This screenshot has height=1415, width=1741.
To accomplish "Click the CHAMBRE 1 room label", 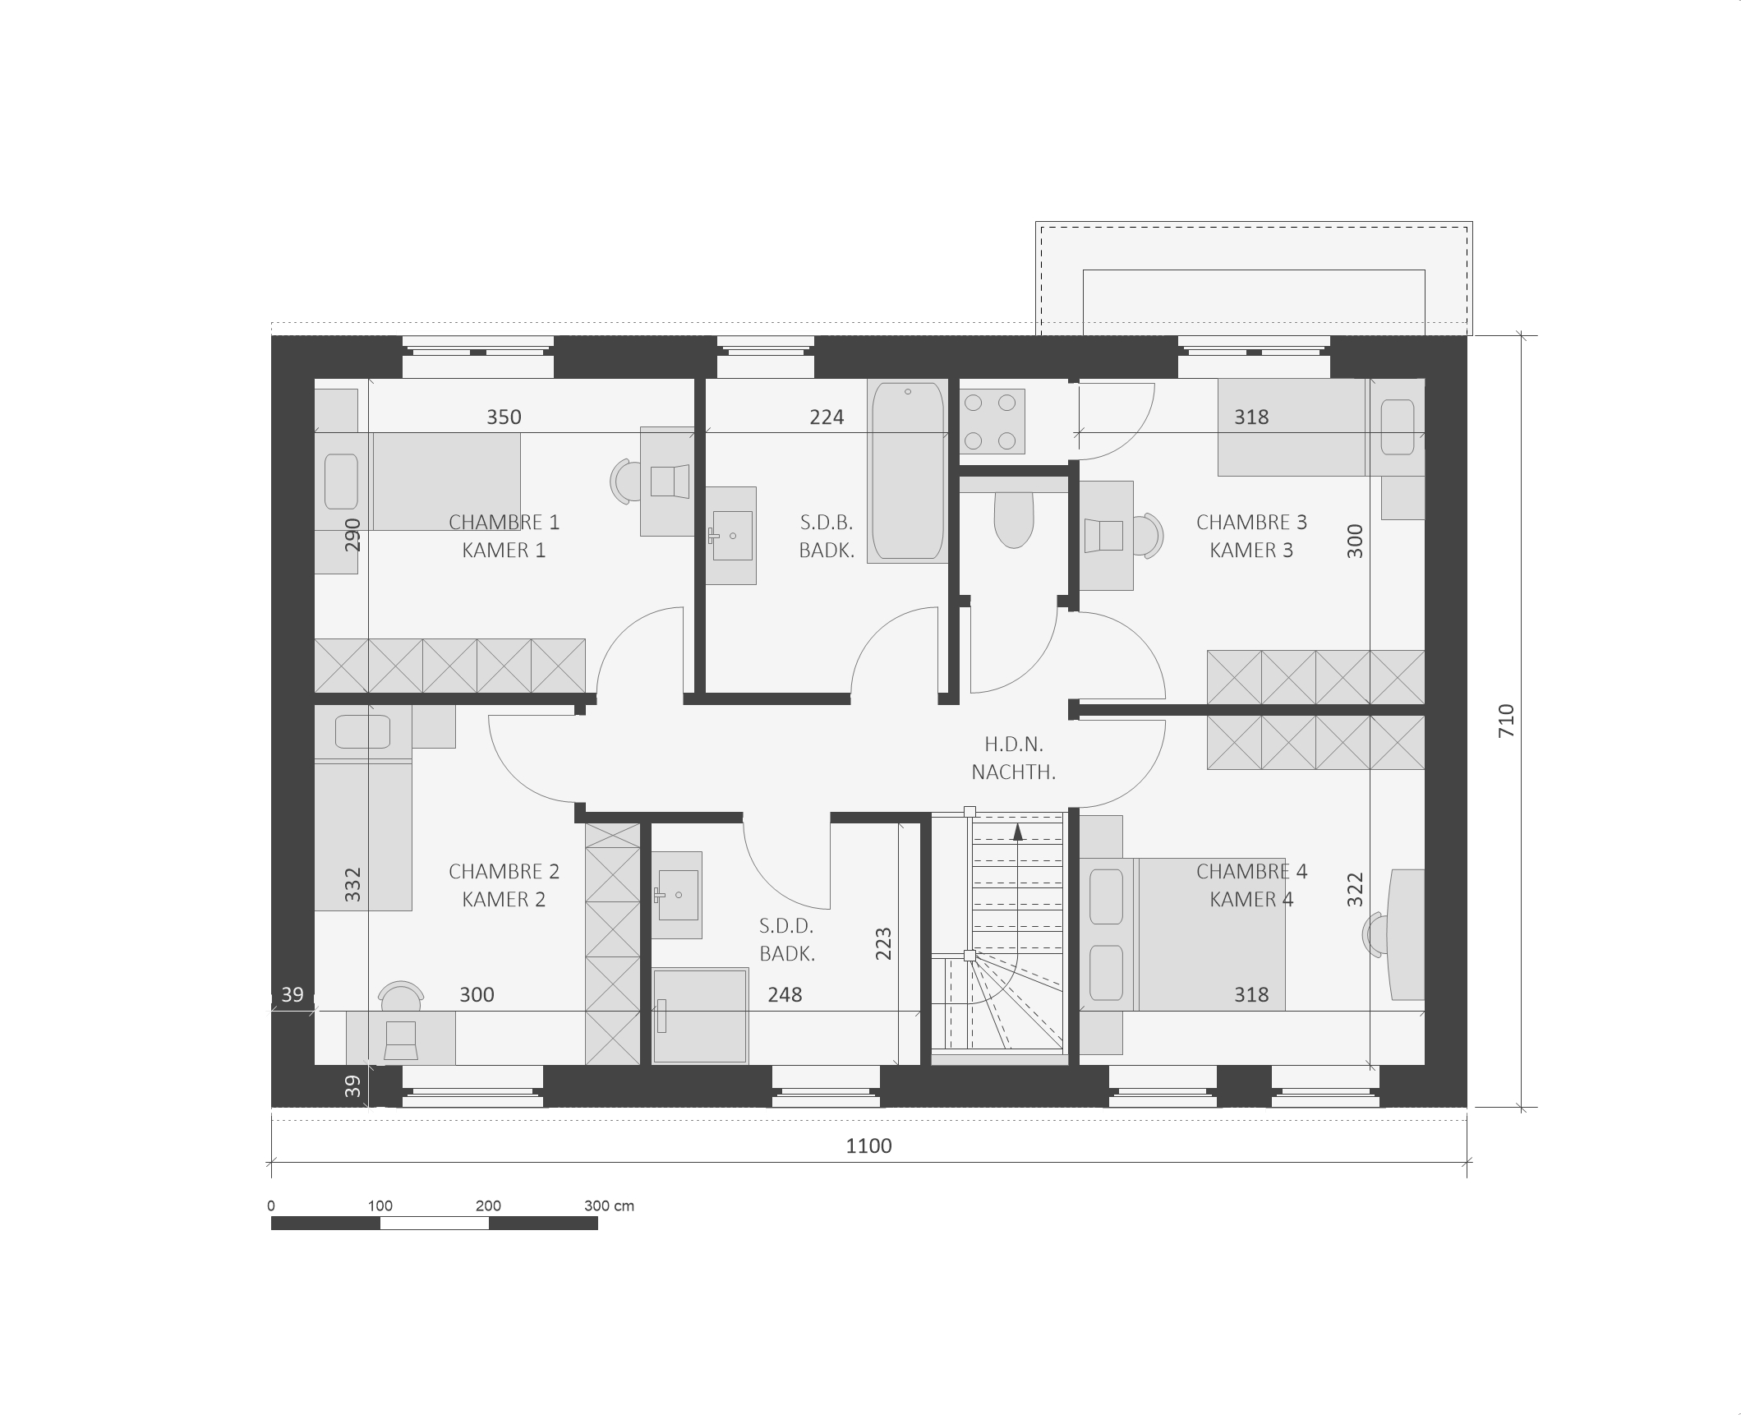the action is click(x=504, y=523).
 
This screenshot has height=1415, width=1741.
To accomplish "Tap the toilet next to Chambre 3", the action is click(x=1014, y=519).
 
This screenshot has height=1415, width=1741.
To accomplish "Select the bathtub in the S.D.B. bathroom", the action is click(x=907, y=471).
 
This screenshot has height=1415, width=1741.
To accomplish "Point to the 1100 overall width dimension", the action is click(x=868, y=1145).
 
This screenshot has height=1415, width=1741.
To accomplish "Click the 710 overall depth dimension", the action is click(x=1506, y=721).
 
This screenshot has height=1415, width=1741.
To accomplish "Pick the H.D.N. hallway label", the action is click(x=1014, y=744).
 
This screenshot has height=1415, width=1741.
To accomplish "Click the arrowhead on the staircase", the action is click(x=1018, y=832).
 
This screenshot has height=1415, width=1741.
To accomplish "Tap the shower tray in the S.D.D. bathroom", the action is click(x=700, y=1016).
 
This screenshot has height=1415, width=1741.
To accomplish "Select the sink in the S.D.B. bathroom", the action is click(x=731, y=536).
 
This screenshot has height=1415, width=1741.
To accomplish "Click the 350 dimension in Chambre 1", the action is click(x=504, y=417).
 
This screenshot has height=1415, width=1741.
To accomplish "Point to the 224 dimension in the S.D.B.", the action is click(x=827, y=417).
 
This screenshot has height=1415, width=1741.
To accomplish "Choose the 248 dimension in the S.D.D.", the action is click(x=785, y=995).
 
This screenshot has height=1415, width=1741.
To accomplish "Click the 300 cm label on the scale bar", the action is click(x=609, y=1206).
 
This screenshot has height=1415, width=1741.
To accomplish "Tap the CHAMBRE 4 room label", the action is click(x=1251, y=872).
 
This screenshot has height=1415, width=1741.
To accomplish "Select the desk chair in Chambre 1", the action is click(x=626, y=482).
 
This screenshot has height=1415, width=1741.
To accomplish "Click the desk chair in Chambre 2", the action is click(x=401, y=996).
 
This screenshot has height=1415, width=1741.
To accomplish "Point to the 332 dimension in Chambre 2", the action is click(x=352, y=885).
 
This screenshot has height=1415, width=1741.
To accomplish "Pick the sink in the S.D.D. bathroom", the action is click(x=677, y=895).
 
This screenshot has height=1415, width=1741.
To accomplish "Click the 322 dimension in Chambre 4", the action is click(x=1355, y=890).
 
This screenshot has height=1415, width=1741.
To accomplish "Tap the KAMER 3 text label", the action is click(x=1251, y=551).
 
